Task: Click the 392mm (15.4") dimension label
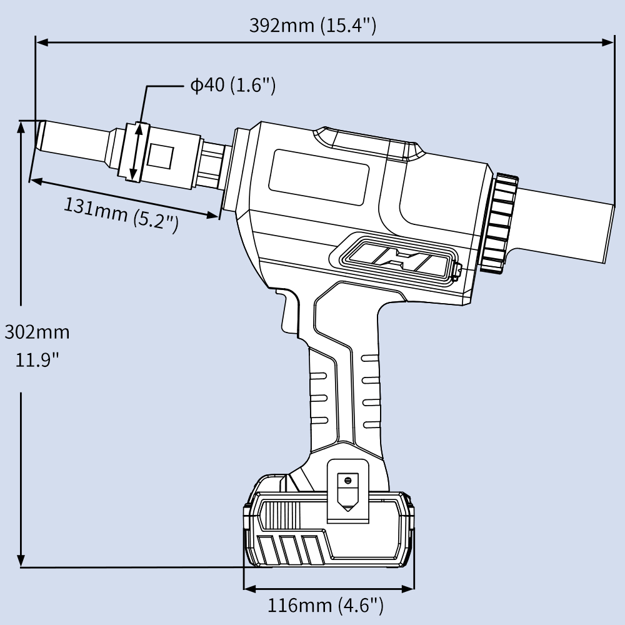312,25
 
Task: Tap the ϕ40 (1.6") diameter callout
232,85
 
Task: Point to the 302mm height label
37,332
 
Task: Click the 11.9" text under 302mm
37,360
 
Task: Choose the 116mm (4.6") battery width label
325,605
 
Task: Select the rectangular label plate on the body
319,177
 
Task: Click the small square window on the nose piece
161,156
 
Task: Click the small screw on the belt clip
346,480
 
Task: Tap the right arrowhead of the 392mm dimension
609,42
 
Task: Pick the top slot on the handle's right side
371,358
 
